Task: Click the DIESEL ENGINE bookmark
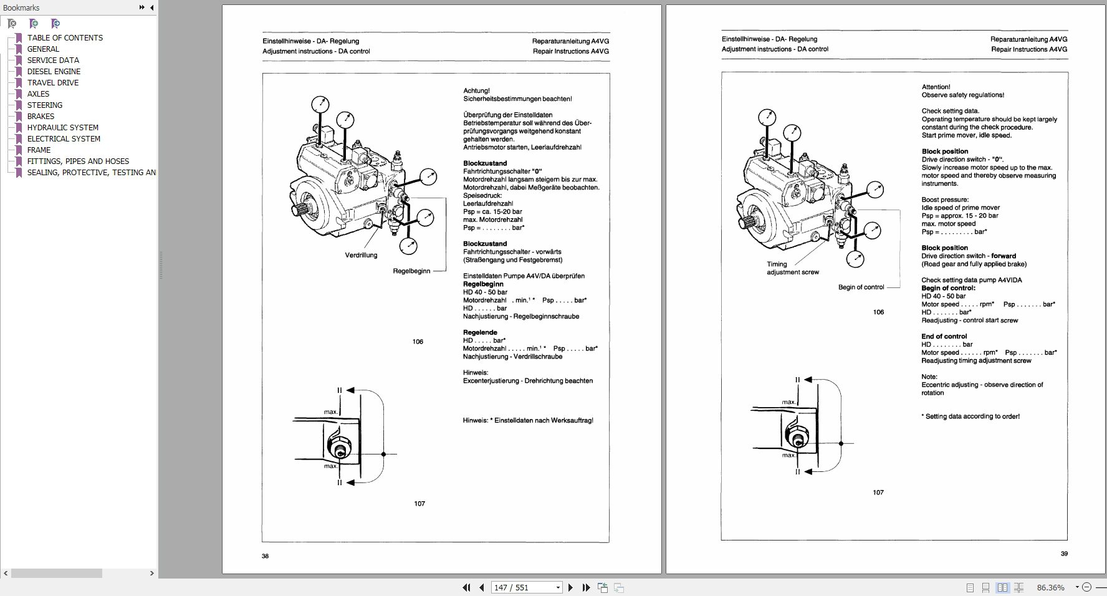pos(54,71)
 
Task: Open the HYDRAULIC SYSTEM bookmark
pos(62,127)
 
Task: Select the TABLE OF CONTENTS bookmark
pos(65,37)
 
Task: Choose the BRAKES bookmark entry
pos(41,116)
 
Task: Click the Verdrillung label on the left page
pos(361,255)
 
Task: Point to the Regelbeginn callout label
pos(411,271)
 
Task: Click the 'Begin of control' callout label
pos(861,287)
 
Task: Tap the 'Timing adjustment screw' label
pos(792,268)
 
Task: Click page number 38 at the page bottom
pos(265,556)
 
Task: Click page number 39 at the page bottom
pos(1064,554)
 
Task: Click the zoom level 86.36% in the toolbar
pos(1050,587)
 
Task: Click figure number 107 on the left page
pos(419,504)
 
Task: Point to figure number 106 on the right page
pos(878,312)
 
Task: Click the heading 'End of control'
pos(944,336)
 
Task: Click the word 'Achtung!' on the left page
pos(476,90)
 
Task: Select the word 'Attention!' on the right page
pos(936,87)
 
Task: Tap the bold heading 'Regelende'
pos(479,332)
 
